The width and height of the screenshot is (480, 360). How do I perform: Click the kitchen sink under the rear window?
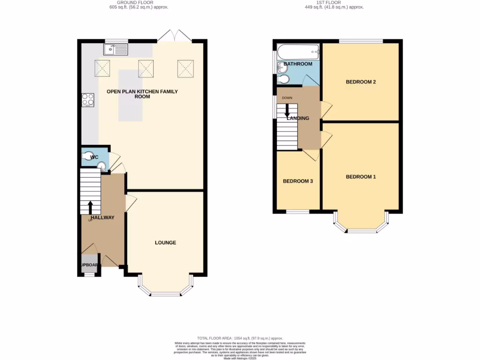click(x=115, y=49)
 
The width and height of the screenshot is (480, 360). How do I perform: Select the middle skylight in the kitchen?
click(x=146, y=68)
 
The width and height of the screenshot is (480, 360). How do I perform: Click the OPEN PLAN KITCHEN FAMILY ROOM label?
click(x=142, y=94)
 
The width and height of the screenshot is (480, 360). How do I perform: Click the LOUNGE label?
click(x=165, y=242)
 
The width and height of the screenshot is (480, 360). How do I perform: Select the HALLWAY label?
click(x=102, y=217)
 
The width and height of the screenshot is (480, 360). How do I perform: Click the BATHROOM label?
click(x=298, y=64)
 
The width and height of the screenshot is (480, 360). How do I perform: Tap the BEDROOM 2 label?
click(x=360, y=82)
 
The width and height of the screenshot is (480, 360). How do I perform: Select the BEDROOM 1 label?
click(x=360, y=177)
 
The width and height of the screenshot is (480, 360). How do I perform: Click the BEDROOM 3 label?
click(x=298, y=181)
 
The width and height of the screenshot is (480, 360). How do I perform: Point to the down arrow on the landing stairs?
click(x=287, y=111)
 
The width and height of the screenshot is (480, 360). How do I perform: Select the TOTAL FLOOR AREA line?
click(x=240, y=338)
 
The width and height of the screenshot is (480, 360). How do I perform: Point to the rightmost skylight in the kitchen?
click(x=186, y=68)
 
